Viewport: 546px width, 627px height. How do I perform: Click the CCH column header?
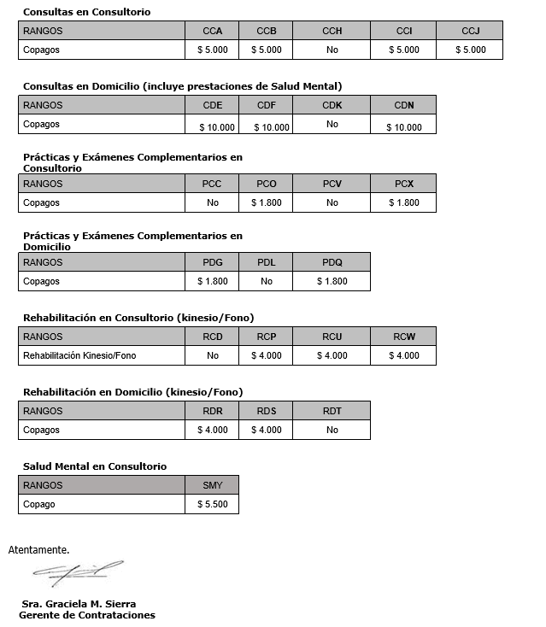332,31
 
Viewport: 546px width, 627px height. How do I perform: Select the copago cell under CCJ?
470,50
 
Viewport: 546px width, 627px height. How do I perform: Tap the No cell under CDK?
332,125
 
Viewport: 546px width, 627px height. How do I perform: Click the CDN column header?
403,105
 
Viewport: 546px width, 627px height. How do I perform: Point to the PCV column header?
332,184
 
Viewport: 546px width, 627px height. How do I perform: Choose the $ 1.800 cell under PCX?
403,202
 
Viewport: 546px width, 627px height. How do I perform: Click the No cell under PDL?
267,281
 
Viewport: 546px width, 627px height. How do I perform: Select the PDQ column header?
332,262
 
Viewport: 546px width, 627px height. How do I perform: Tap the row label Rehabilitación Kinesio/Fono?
79,355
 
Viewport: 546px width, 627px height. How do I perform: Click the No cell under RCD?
213,355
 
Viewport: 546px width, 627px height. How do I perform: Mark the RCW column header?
403,337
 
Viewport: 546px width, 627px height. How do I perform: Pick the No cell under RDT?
332,430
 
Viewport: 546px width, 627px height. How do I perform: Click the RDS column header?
267,411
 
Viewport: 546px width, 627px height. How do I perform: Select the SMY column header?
213,485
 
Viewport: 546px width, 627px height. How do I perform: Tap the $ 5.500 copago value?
213,504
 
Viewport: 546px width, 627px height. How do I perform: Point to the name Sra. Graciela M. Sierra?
79,604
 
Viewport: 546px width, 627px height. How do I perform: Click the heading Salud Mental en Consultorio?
94,466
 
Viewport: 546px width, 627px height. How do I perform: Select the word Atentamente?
38,549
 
